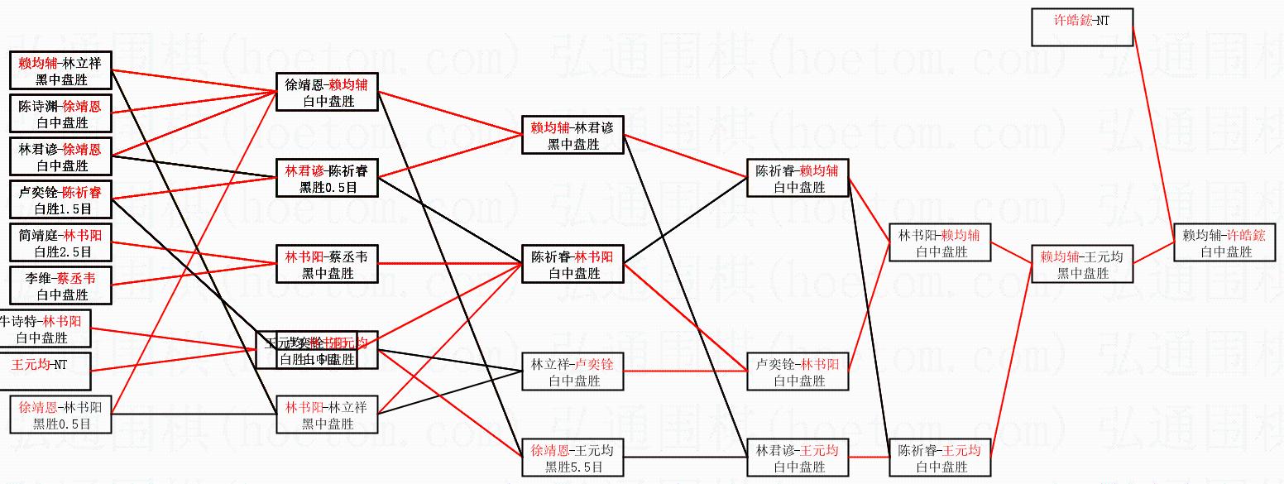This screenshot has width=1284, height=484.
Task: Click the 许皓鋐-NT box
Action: [1081, 27]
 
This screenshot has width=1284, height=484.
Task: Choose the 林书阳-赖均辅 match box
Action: [941, 242]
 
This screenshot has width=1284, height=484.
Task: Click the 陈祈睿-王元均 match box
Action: [940, 458]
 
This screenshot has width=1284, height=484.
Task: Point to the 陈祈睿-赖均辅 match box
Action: [798, 178]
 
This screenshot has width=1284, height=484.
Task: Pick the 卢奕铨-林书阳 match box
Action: [798, 371]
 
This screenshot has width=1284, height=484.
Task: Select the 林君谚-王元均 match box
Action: [798, 458]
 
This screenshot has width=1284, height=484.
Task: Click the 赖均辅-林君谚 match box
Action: [573, 135]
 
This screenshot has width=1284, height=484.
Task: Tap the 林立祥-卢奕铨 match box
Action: [573, 371]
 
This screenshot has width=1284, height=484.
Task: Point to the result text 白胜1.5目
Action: [61, 208]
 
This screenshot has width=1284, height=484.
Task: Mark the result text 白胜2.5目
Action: [61, 252]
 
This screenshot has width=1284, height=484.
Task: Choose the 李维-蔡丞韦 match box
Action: [61, 285]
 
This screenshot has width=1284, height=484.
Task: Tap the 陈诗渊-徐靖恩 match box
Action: [61, 113]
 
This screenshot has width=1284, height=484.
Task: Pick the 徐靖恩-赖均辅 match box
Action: [327, 91]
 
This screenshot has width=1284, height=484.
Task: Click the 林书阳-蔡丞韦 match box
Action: [327, 264]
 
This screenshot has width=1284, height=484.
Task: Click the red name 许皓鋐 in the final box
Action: [1245, 235]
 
